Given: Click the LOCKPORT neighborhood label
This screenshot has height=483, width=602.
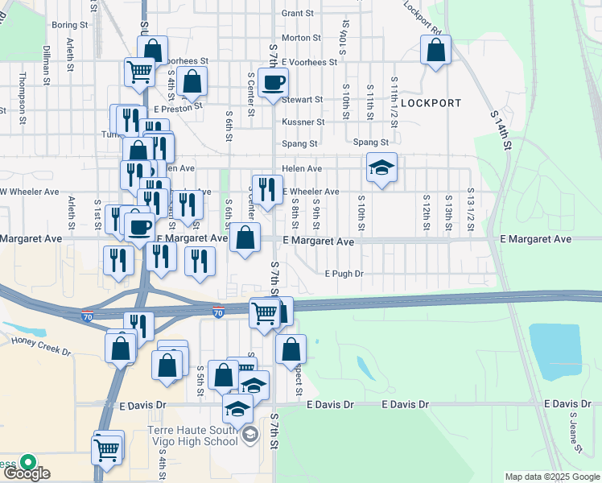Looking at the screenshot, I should click(431, 103).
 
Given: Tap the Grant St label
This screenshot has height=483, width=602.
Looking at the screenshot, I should click(297, 14).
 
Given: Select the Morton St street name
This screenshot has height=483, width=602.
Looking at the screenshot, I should click(301, 38).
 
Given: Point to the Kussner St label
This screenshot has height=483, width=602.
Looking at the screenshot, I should click(303, 122).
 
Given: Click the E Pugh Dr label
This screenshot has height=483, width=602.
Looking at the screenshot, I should click(344, 274).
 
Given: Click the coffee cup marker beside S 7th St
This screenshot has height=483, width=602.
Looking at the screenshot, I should click(273, 82).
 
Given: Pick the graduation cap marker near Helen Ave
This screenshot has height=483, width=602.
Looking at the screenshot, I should click(381, 167).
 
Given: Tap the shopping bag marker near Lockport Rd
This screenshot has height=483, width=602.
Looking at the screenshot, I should click(435, 51).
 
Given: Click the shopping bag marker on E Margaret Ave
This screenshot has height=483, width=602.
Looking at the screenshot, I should click(245, 237).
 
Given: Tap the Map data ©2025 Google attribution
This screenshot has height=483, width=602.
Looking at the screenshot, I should click(551, 477).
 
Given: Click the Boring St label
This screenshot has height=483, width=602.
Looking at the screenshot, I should click(63, 26).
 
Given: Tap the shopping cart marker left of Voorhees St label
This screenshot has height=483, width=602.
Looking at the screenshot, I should click(139, 72).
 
